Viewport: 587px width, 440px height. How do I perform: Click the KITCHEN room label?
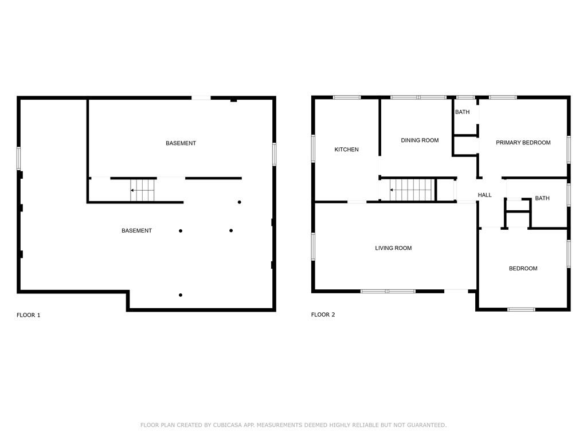[346, 150]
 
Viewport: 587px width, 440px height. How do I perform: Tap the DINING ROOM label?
[420, 140]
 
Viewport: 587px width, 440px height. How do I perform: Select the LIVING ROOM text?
[393, 248]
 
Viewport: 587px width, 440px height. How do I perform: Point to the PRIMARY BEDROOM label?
[523, 143]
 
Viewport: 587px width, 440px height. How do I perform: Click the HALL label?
[484, 195]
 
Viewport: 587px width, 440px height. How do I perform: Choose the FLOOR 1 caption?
[29, 315]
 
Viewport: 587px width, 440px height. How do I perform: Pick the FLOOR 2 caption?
[323, 315]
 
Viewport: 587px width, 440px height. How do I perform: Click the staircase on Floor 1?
[143, 190]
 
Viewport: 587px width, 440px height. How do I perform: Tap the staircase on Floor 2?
[412, 190]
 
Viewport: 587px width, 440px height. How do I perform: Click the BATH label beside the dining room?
[463, 112]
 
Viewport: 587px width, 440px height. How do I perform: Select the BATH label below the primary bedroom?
[542, 198]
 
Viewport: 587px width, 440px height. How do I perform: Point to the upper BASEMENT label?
[181, 143]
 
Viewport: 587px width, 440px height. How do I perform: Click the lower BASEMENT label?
[136, 231]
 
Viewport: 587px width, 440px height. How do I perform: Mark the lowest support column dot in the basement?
[181, 295]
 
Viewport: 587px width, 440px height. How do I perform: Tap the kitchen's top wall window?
[347, 97]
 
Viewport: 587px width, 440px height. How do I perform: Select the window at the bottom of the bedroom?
[521, 309]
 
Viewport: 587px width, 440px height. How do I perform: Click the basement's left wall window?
[19, 159]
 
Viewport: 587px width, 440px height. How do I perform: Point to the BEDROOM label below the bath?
[523, 269]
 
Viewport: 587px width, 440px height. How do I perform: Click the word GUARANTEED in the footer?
[426, 425]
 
